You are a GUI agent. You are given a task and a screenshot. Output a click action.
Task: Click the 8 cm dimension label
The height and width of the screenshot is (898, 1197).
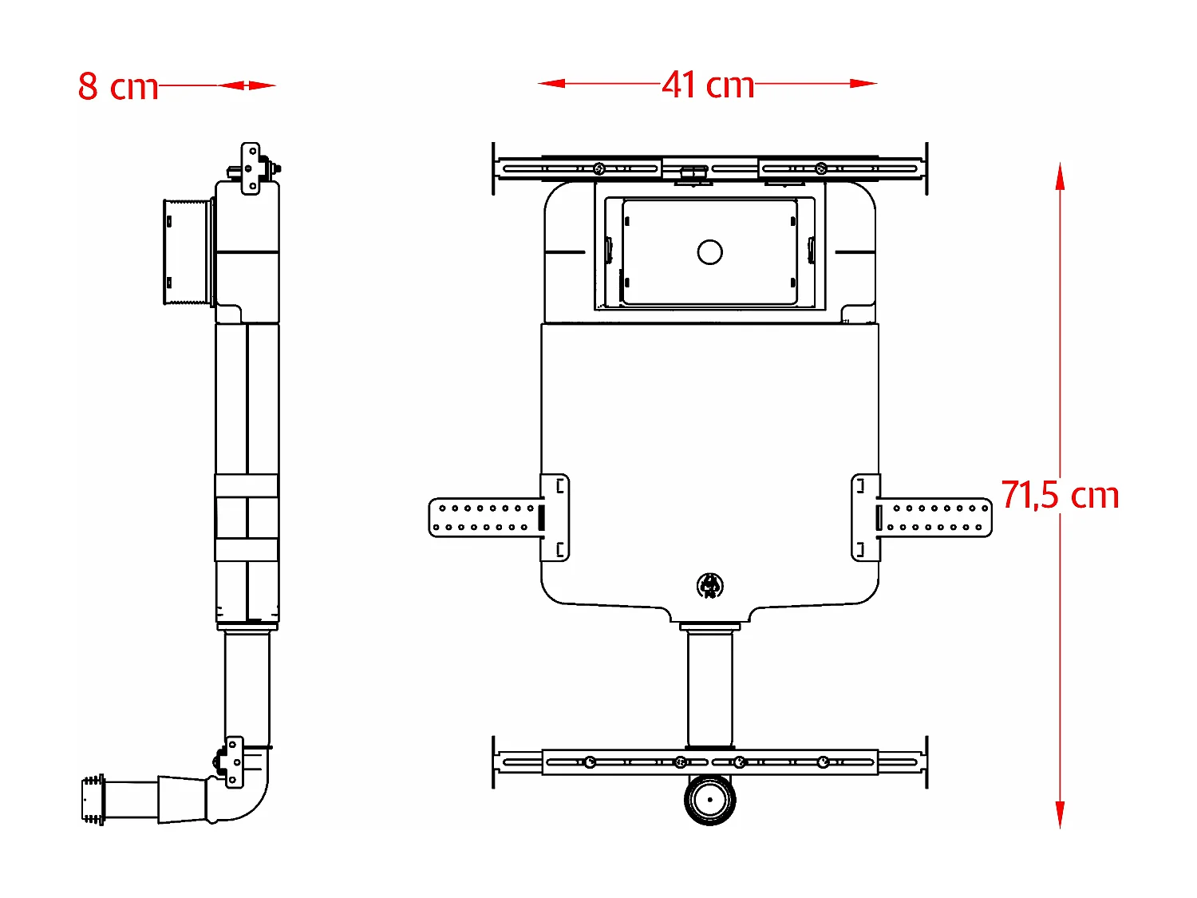pyautogui.click(x=118, y=87)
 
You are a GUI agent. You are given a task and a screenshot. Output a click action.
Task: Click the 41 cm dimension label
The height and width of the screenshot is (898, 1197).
pyautogui.click(x=708, y=85)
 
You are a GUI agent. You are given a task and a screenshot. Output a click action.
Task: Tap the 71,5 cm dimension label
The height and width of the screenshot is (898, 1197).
pyautogui.click(x=1060, y=495)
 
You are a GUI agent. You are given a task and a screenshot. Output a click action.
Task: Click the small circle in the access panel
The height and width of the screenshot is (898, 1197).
pyautogui.click(x=709, y=252)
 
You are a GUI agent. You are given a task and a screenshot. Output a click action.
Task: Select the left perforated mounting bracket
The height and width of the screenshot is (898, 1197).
pyautogui.click(x=499, y=517)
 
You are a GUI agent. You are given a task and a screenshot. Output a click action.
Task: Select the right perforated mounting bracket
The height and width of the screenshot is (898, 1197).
pyautogui.click(x=921, y=517)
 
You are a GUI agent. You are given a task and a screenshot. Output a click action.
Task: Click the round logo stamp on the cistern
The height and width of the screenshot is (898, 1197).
pyautogui.click(x=710, y=586)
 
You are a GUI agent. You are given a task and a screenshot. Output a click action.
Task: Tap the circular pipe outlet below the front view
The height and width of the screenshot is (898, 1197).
pyautogui.click(x=709, y=800)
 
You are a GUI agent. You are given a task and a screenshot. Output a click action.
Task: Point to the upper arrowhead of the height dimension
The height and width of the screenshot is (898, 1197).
pyautogui.click(x=1060, y=176)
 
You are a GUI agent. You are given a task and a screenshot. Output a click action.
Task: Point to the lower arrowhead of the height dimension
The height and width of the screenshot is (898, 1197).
pyautogui.click(x=1060, y=815)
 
